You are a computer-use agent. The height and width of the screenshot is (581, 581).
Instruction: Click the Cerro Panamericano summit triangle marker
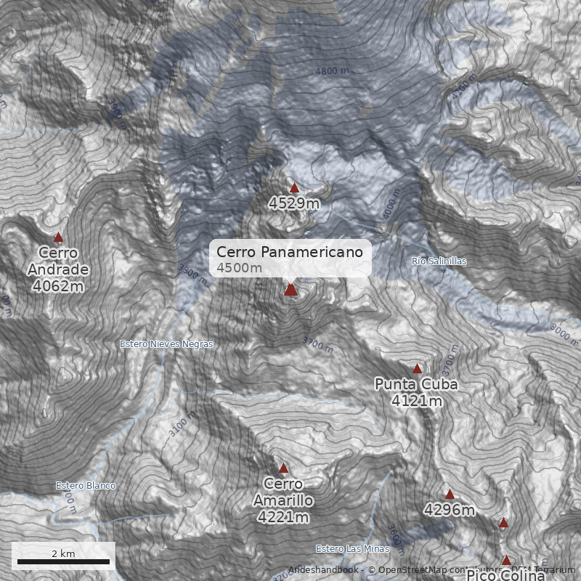291,290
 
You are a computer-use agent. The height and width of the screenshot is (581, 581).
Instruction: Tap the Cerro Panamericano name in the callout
289,252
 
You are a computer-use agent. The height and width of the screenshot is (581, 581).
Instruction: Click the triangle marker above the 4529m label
294,188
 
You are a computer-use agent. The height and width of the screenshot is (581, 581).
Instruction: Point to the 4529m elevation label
293,203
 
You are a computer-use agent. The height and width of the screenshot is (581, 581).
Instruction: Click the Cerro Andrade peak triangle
59,237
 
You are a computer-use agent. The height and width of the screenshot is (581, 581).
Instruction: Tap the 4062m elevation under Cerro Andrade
58,286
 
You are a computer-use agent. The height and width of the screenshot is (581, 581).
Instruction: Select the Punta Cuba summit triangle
417,368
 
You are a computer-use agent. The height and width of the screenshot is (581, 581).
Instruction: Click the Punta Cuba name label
416,384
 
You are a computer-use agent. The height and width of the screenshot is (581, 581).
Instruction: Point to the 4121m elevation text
416,400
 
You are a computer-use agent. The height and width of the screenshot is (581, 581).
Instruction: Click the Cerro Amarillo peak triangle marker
284,468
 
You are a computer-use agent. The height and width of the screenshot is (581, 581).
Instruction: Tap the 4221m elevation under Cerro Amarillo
283,517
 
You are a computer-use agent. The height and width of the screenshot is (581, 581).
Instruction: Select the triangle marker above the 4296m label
450,495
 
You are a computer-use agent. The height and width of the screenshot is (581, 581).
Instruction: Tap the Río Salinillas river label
439,261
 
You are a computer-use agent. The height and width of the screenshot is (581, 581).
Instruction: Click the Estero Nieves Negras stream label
166,344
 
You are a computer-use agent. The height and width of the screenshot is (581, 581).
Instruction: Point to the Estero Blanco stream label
86,486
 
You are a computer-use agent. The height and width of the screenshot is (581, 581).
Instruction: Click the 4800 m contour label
332,71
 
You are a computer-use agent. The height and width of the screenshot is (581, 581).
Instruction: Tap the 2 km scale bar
63,561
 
